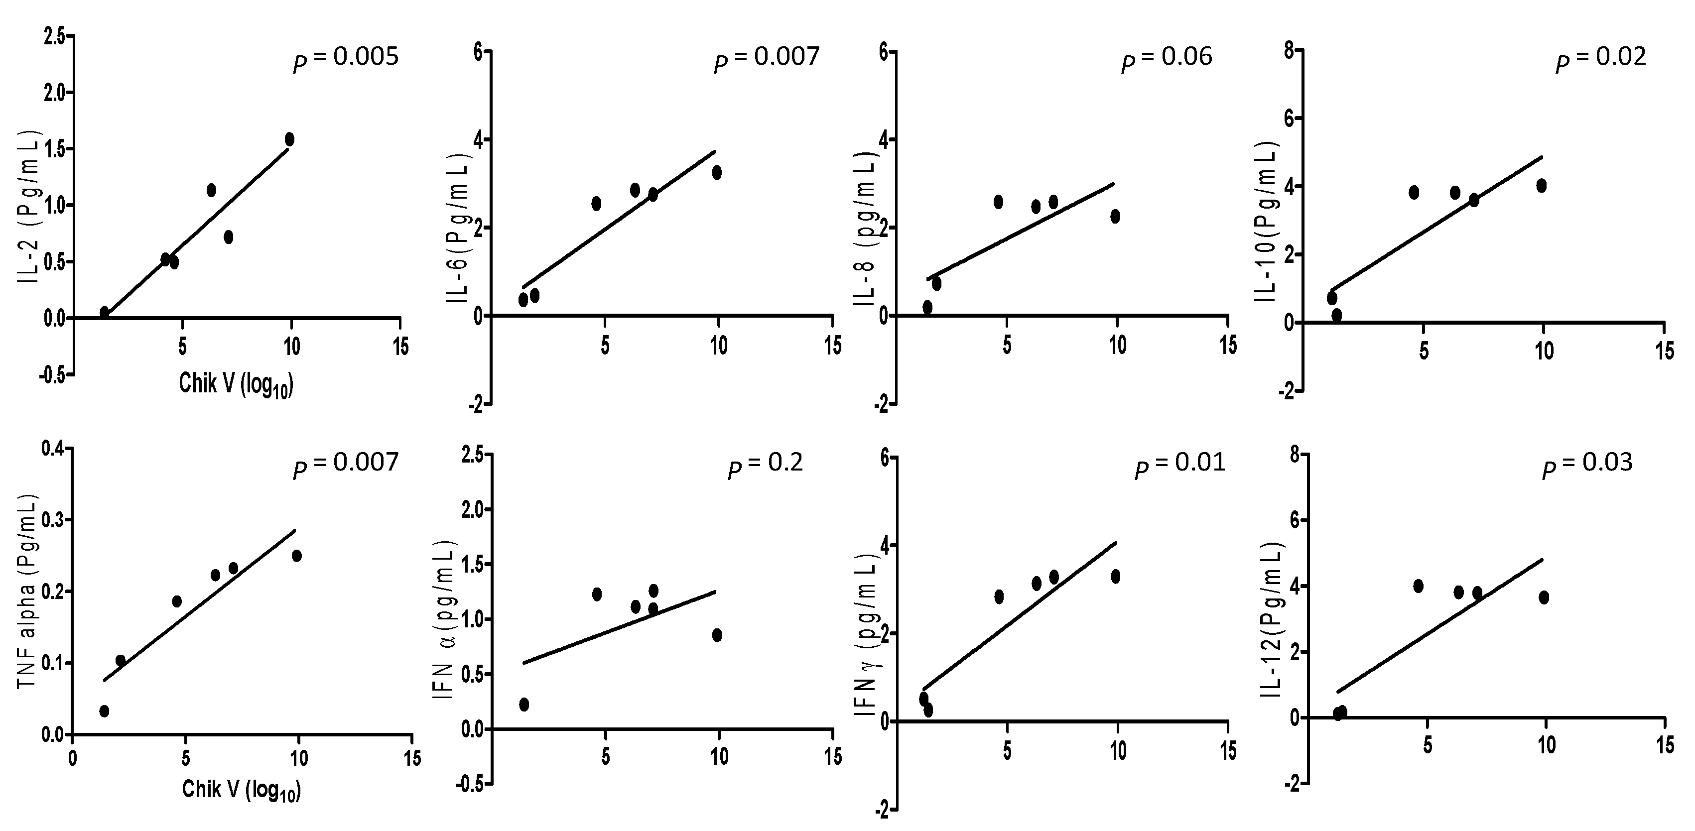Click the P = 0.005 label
(x=346, y=59)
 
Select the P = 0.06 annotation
(x=1167, y=59)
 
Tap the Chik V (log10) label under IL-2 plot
(x=236, y=385)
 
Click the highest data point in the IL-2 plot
(x=289, y=139)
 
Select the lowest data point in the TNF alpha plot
(x=104, y=711)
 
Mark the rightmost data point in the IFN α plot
(x=717, y=635)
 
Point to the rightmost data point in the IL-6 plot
(x=717, y=172)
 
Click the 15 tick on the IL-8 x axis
(x=1228, y=345)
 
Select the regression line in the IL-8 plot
(x=1020, y=231)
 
